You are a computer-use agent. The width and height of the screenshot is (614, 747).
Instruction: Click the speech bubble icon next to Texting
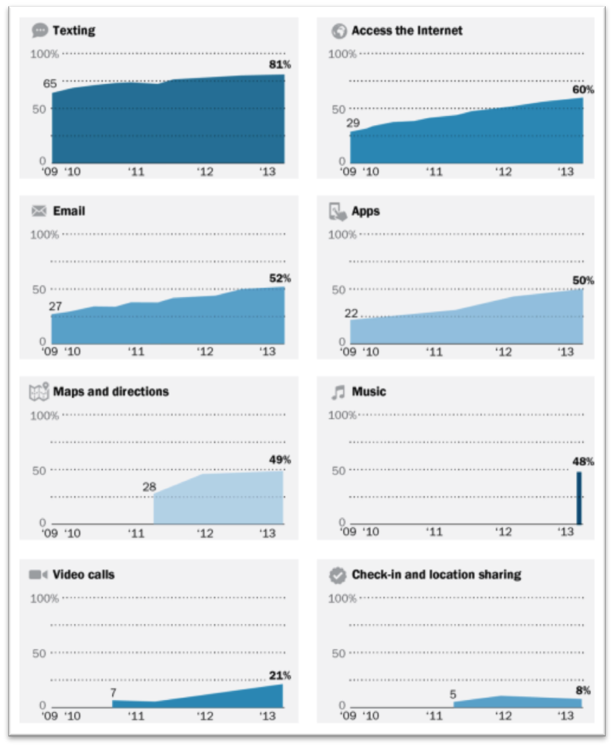tap(40, 31)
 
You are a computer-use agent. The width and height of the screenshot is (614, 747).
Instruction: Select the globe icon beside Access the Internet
tap(338, 31)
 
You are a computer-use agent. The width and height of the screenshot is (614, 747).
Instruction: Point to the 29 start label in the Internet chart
tap(353, 123)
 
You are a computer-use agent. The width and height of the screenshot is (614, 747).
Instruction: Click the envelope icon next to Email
tap(40, 211)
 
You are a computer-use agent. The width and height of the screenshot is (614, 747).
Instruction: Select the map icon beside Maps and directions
tap(39, 392)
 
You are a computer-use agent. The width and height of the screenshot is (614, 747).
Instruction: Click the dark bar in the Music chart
tap(579, 498)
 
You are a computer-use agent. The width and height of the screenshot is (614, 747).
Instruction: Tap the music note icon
tap(338, 392)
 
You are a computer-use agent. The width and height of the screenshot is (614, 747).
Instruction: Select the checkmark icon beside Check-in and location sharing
tap(338, 575)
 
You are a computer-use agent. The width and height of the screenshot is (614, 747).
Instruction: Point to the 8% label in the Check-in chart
tap(583, 690)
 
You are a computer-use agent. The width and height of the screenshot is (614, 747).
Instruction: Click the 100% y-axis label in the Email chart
tap(44, 235)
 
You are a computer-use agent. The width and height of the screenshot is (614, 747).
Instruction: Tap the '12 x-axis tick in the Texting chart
tap(204, 171)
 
